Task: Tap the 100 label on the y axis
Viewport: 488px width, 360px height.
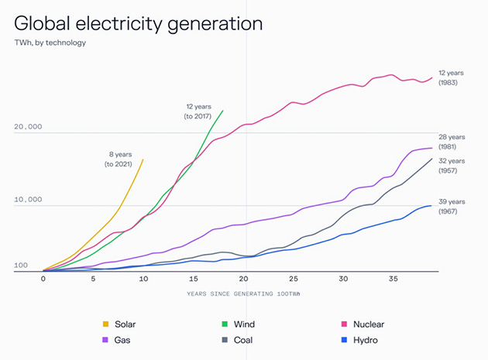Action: (x=21, y=266)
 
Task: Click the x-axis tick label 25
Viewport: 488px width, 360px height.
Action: (x=293, y=279)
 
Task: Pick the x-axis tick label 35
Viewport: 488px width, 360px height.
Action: (x=393, y=279)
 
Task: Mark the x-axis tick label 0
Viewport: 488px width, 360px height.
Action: (x=43, y=279)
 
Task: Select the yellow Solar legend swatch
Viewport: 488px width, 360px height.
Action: (x=106, y=324)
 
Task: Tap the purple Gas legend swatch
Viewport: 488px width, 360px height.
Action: (x=106, y=339)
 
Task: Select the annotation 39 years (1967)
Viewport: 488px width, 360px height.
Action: (x=452, y=205)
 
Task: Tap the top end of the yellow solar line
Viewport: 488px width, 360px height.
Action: (x=143, y=159)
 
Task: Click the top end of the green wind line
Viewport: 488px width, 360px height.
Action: (x=223, y=110)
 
